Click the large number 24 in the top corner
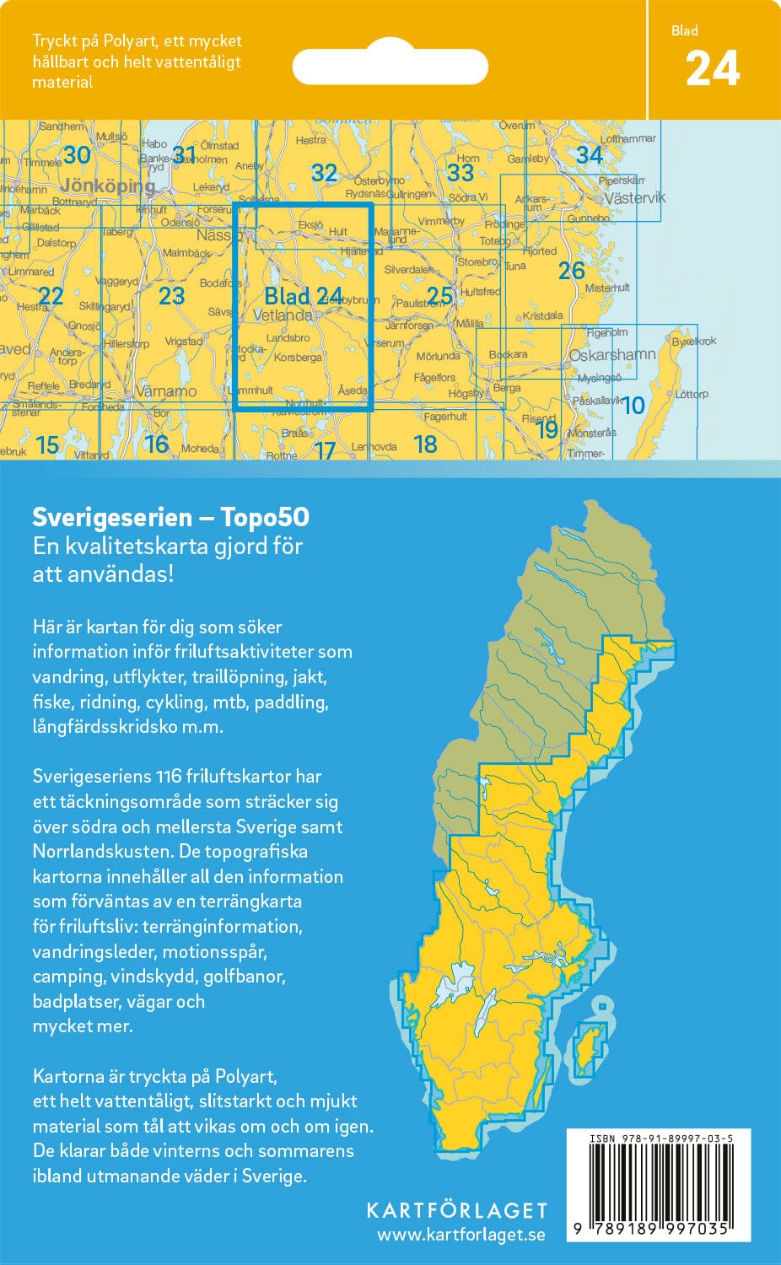pos(713,69)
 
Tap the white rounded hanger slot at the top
pos(390,67)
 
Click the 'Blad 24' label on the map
pos(303,296)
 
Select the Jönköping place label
pos(109,186)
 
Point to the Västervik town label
pos(634,198)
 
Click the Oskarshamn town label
pos(611,355)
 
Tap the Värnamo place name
pos(166,391)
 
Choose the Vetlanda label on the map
pos(283,315)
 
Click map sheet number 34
pos(590,155)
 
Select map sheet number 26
pos(571,271)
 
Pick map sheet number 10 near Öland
pos(633,406)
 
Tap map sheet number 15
pos(47,444)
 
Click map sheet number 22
pos(51,295)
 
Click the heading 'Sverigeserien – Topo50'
pos(170,517)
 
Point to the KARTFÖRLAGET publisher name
pos(456,1210)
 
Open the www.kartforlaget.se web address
pos(461,1235)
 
